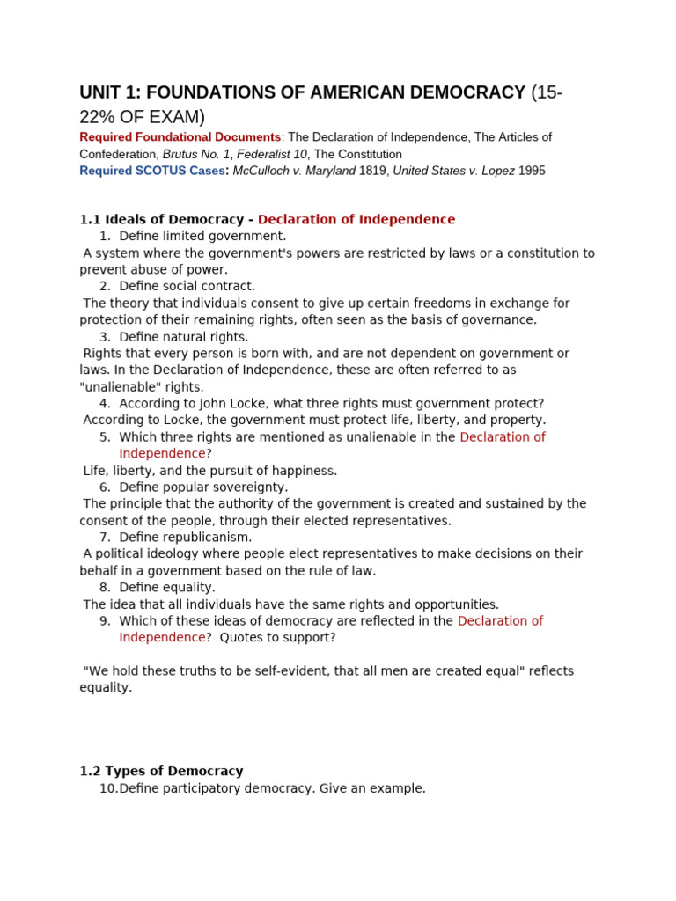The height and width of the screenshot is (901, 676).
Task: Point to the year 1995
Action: click(x=532, y=171)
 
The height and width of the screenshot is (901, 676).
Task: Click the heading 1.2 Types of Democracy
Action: click(x=161, y=772)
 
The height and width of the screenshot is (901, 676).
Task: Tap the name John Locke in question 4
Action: click(x=226, y=404)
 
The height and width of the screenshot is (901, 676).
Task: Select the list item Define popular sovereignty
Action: click(x=203, y=487)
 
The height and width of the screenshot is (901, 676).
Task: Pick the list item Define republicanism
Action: click(x=185, y=538)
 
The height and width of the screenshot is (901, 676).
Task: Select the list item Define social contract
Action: click(x=187, y=287)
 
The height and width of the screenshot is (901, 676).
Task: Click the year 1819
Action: click(x=374, y=171)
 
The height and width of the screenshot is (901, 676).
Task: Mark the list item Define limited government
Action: click(x=202, y=237)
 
